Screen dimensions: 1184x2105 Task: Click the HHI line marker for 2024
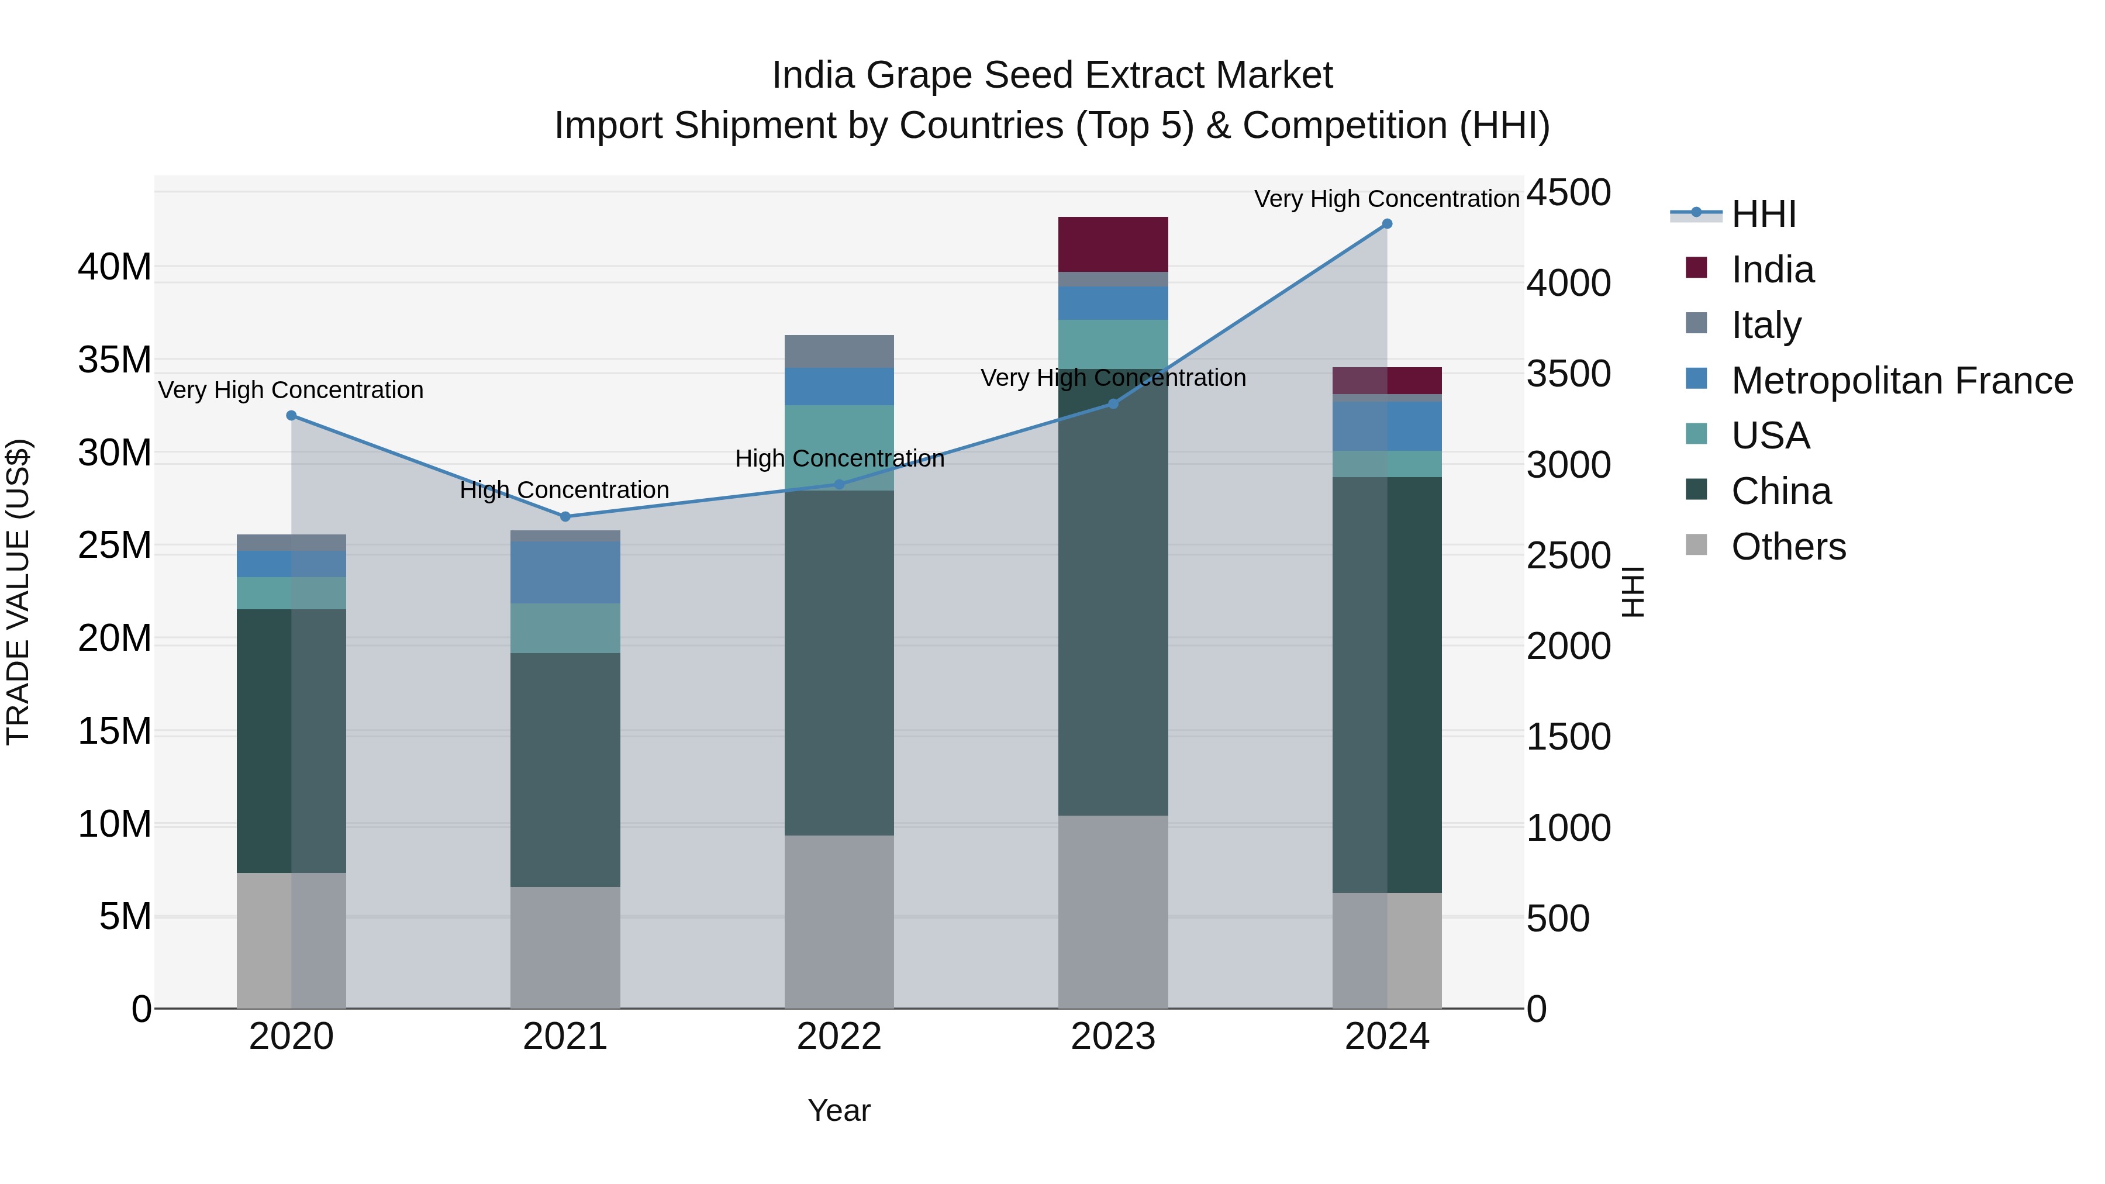tap(1387, 224)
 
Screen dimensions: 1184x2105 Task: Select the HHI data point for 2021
tap(565, 516)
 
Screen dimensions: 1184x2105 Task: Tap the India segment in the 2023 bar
tap(1113, 244)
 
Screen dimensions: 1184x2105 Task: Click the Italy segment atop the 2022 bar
tap(839, 351)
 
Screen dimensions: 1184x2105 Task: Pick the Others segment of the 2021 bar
tap(565, 947)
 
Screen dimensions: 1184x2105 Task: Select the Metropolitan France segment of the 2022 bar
tap(839, 386)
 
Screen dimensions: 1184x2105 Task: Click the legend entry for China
tap(1780, 491)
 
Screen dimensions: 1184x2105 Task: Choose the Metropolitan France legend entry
tap(1901, 381)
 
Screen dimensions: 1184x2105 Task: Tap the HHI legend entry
tap(1762, 214)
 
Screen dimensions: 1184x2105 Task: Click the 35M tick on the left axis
tap(115, 360)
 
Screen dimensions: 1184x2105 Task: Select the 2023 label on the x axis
tap(1113, 1037)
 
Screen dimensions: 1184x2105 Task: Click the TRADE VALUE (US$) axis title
tap(18, 592)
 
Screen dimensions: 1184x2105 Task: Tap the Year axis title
tap(839, 1110)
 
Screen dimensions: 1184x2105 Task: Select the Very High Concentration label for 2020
tap(291, 390)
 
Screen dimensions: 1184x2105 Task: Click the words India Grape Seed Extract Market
tap(1052, 75)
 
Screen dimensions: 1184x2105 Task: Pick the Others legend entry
tap(1788, 547)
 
